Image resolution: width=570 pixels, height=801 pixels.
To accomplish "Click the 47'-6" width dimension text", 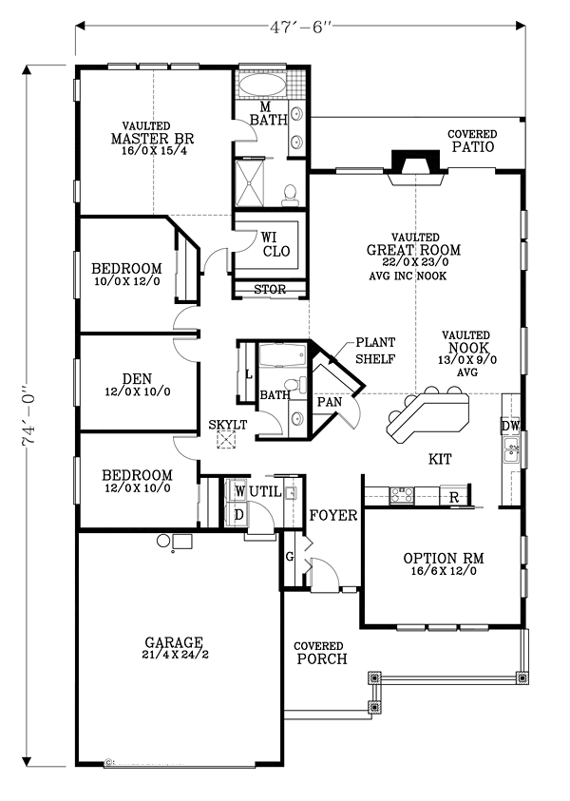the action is click(300, 26).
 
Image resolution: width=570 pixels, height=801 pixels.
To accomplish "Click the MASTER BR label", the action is click(152, 139).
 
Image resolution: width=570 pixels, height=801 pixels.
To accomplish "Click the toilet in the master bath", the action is click(290, 196).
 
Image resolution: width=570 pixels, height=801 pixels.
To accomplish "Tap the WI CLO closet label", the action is click(275, 244).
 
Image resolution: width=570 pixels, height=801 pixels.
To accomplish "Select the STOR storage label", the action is click(270, 290).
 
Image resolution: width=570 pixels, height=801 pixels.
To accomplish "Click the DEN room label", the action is click(137, 378).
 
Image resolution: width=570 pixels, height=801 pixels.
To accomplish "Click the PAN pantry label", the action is click(330, 402).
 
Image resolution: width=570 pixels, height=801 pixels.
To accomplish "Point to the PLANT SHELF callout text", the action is click(375, 351).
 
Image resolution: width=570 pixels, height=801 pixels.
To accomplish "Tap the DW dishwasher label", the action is click(510, 426).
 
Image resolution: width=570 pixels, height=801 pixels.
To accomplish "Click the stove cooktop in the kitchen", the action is click(402, 493).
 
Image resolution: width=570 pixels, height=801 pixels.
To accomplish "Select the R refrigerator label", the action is click(453, 498).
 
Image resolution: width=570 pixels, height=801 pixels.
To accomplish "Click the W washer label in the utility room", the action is click(240, 491).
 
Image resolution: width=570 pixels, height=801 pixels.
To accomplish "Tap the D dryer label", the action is click(238, 515).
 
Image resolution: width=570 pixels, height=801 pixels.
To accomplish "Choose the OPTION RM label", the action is click(444, 559).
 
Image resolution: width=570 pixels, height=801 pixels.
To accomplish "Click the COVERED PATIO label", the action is click(472, 141).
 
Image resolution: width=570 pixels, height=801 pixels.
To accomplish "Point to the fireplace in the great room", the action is click(415, 167).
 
